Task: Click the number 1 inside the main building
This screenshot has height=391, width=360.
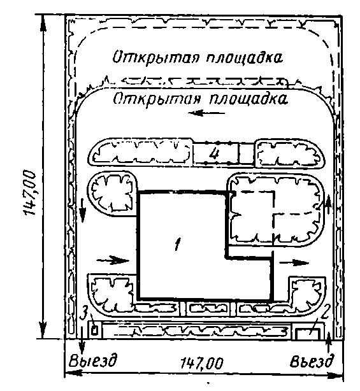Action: tap(177, 244)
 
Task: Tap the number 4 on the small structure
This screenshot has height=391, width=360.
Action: tap(214, 153)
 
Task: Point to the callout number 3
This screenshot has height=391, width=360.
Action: tap(84, 314)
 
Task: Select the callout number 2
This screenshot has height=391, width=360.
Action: tap(324, 315)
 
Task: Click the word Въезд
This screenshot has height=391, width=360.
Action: tap(312, 361)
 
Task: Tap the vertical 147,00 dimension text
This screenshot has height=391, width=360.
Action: tap(29, 192)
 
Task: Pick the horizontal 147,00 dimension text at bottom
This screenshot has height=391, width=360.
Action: tap(201, 363)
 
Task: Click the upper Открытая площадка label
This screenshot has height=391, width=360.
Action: tap(198, 57)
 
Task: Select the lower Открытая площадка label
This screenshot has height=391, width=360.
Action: tap(200, 99)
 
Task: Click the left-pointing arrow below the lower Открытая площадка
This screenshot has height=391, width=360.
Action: tap(206, 113)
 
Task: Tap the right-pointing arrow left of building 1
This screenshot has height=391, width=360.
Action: tap(113, 260)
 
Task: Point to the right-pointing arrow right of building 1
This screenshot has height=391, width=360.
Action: tap(293, 262)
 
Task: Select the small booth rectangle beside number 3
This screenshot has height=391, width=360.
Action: tap(94, 331)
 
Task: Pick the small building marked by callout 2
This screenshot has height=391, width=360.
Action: tap(307, 334)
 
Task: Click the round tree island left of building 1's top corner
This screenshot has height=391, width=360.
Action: tap(113, 194)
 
